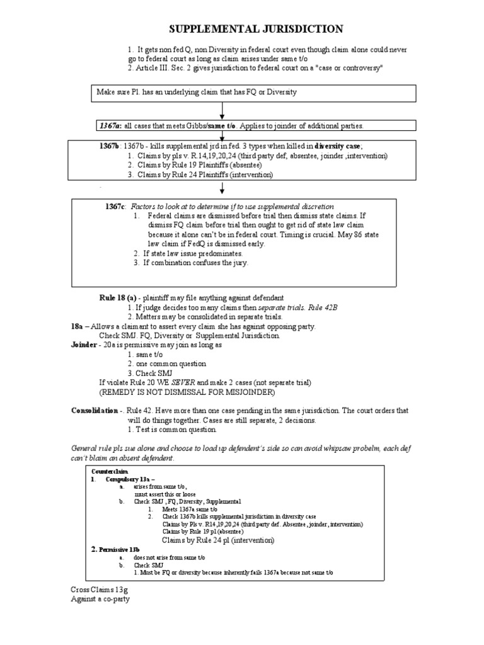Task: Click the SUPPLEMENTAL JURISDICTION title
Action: point(258,29)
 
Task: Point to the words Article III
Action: point(152,68)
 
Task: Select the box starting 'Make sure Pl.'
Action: point(256,93)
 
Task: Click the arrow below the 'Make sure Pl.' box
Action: point(222,110)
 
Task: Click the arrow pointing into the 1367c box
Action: point(222,190)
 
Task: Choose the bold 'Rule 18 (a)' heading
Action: point(113,297)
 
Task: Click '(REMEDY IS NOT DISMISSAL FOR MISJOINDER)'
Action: point(187,391)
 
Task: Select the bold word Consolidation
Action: point(95,410)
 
